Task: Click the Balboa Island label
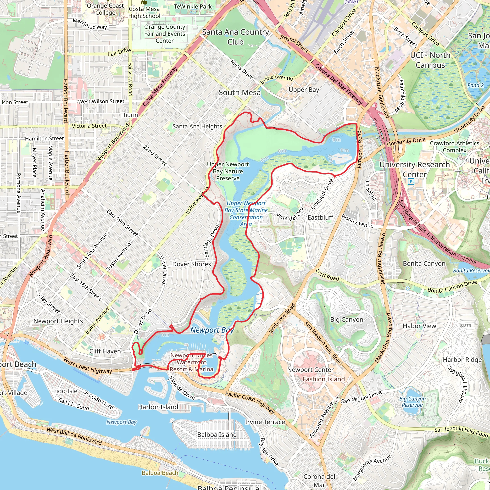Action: pyautogui.click(x=217, y=435)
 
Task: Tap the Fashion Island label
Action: pyautogui.click(x=324, y=379)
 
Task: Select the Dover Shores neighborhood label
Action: pyautogui.click(x=191, y=264)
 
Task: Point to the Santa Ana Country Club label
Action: pyautogui.click(x=235, y=37)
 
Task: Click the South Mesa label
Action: pyautogui.click(x=240, y=93)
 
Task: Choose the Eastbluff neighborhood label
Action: pyautogui.click(x=320, y=217)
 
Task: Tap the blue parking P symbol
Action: pyautogui.click(x=411, y=182)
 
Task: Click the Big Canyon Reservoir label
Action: pyautogui.click(x=412, y=402)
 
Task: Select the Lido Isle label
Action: pyautogui.click(x=65, y=391)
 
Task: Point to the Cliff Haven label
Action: pyautogui.click(x=105, y=351)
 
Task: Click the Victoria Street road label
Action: pyautogui.click(x=89, y=126)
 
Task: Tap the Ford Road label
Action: pyautogui.click(x=327, y=275)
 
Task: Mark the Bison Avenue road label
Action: pyautogui.click(x=357, y=221)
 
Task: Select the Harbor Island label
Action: pyautogui.click(x=158, y=407)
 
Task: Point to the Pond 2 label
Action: pyautogui.click(x=476, y=85)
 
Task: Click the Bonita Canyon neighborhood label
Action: pyautogui.click(x=424, y=263)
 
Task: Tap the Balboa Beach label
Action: pyautogui.click(x=160, y=473)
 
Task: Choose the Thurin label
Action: pyautogui.click(x=129, y=115)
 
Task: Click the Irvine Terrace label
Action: pyautogui.click(x=265, y=422)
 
